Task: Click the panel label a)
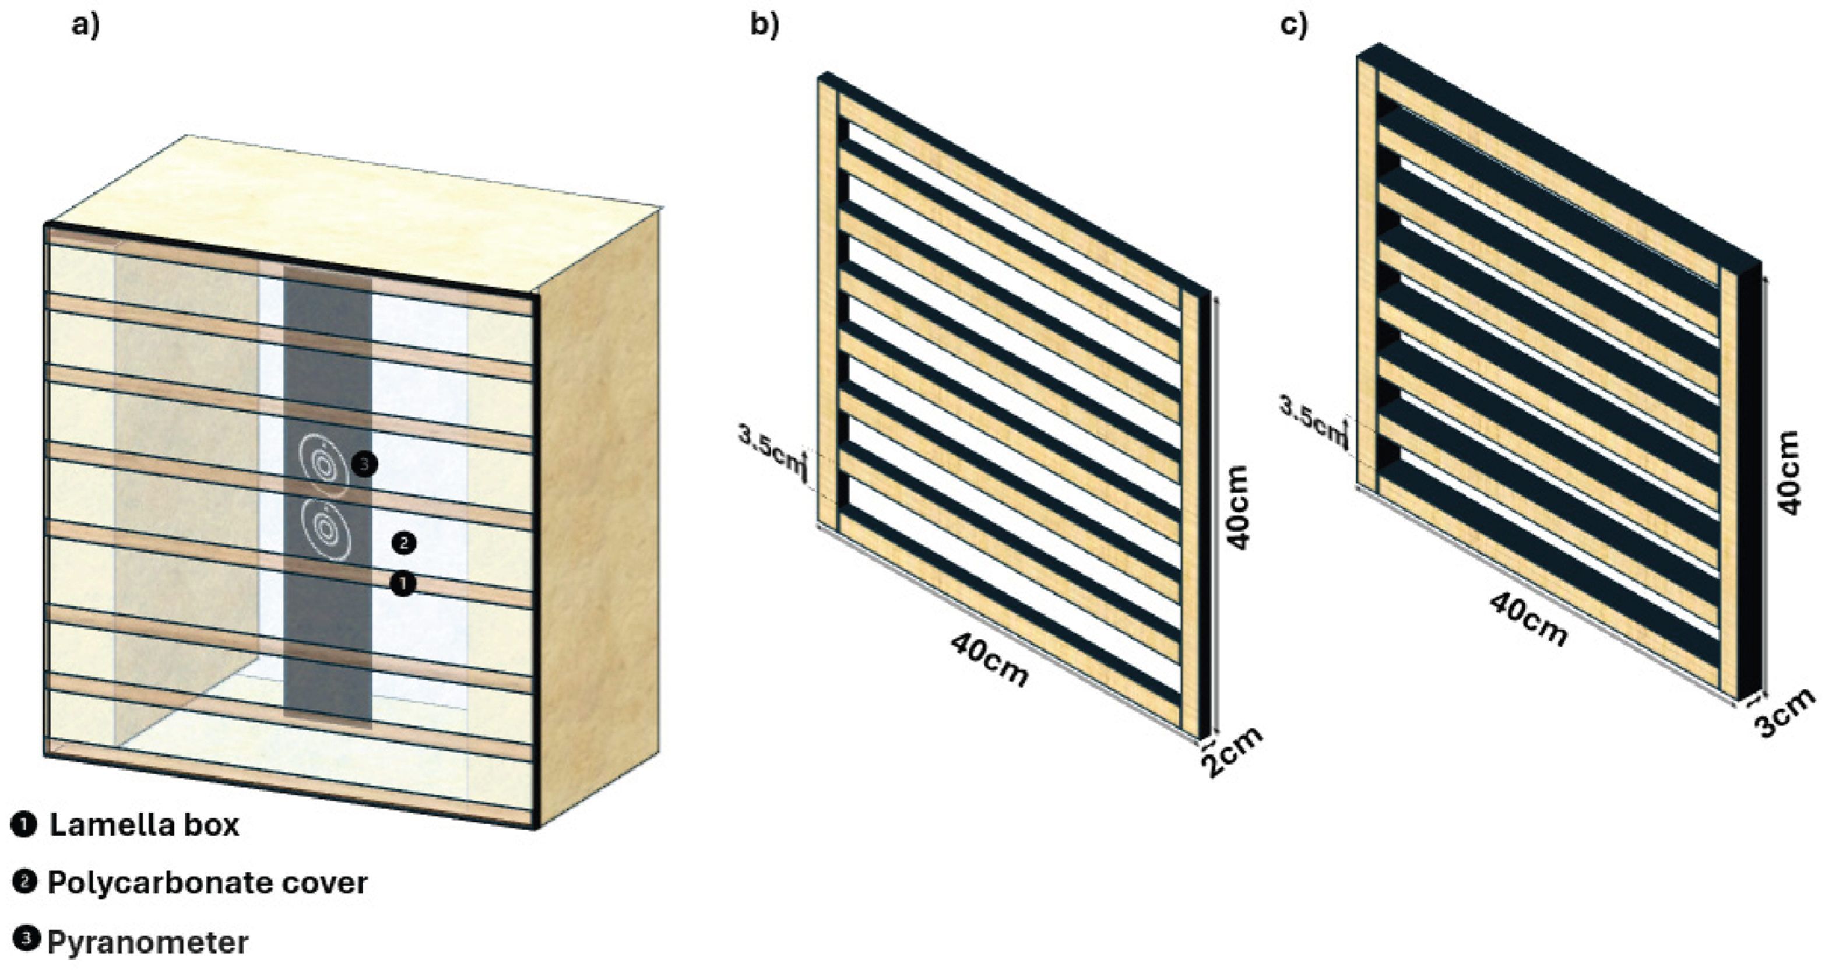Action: point(86,26)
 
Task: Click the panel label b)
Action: point(764,26)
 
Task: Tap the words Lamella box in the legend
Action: point(145,825)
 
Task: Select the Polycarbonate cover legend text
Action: point(208,883)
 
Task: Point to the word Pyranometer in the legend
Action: point(148,943)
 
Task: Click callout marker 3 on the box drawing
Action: point(364,465)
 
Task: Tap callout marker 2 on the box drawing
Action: point(404,543)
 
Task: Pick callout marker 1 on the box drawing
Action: point(402,584)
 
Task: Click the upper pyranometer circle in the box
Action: point(323,465)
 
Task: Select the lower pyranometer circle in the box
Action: point(325,529)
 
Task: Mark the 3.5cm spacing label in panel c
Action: point(1312,421)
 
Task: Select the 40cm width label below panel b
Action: point(989,659)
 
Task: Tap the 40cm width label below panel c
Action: point(1528,618)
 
